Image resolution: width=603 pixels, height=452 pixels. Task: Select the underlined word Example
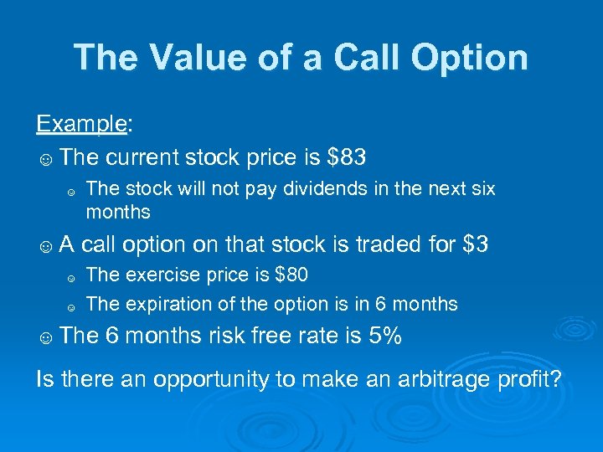[x=80, y=124]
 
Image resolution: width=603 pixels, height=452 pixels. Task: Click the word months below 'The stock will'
[x=118, y=212]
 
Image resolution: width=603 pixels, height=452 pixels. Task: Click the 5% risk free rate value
[x=384, y=336]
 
